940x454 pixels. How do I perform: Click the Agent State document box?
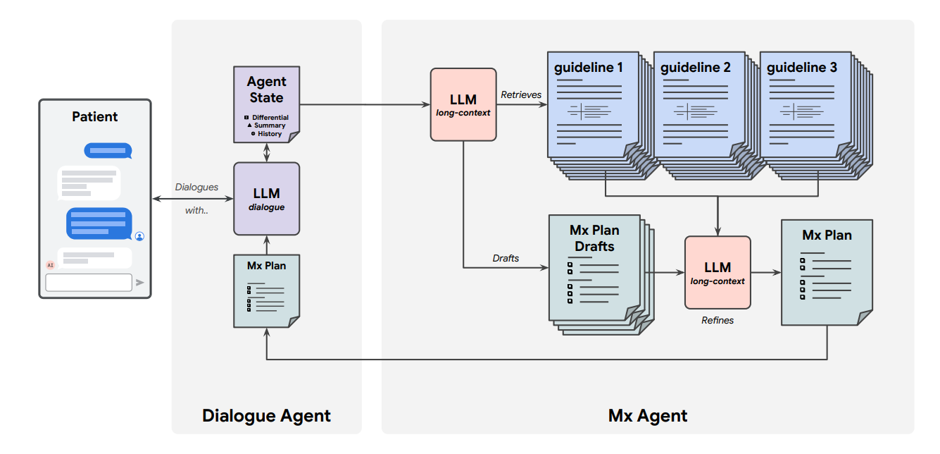tap(266, 102)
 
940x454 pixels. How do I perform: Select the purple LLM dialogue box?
tap(266, 198)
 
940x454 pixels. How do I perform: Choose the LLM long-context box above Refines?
tap(717, 272)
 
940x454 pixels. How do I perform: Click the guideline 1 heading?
tap(589, 68)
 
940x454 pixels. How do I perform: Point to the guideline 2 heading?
tap(695, 68)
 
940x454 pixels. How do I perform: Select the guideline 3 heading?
tap(802, 68)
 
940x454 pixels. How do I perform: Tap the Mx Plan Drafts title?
tap(594, 238)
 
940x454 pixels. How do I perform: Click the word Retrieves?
tap(521, 94)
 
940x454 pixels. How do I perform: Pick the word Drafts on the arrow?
tap(506, 258)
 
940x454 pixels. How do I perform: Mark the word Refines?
tap(717, 320)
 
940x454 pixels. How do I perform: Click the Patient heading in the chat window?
tap(95, 116)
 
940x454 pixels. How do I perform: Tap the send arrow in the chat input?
tap(140, 283)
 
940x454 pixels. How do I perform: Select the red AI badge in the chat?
tap(50, 265)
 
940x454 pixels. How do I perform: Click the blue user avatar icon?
tap(139, 236)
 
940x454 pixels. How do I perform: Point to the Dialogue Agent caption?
tap(266, 415)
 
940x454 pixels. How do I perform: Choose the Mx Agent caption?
tap(648, 415)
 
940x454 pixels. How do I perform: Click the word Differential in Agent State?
tap(271, 118)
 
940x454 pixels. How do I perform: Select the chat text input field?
tap(89, 283)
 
